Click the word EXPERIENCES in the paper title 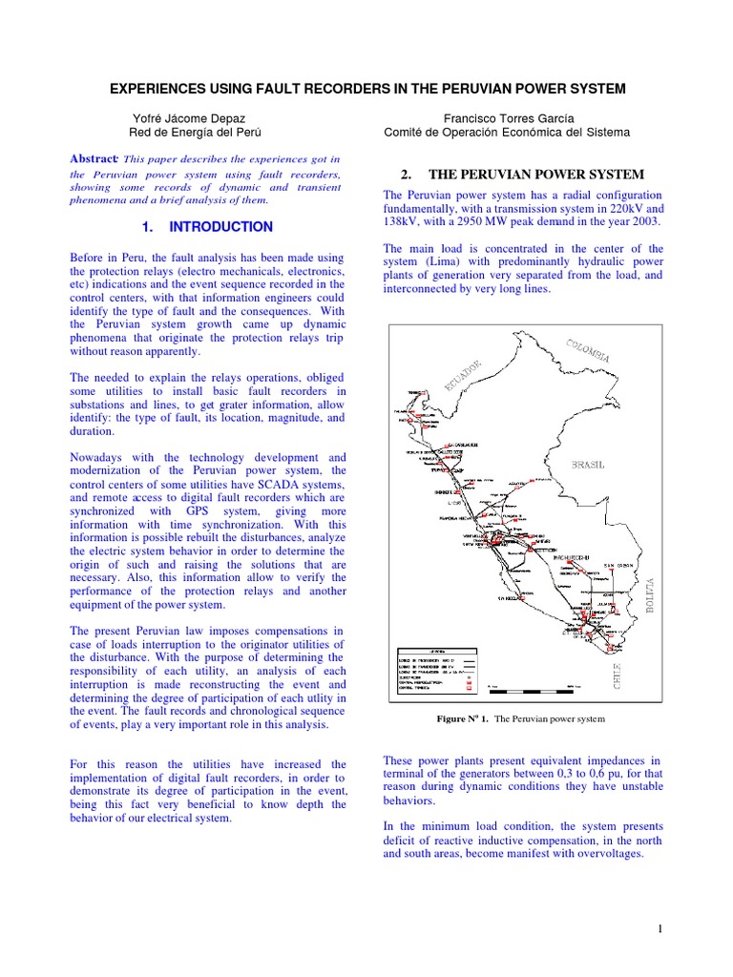click(156, 89)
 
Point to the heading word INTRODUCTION click(220, 227)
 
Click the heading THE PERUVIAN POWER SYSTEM click(536, 175)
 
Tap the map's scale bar click(531, 686)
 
